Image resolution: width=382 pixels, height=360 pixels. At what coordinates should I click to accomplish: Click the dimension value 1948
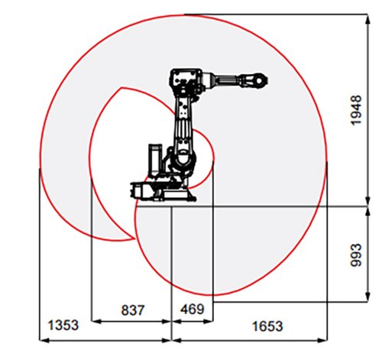pos(357,110)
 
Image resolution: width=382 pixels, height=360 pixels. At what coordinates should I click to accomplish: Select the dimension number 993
pos(357,255)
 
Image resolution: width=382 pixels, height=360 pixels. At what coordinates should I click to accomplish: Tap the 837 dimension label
pos(133,310)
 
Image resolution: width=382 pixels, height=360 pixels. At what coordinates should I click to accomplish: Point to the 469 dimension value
pos(193,310)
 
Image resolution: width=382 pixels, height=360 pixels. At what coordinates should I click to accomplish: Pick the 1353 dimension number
pos(63,326)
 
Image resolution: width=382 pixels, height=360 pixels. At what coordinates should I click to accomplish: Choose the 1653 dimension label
pos(267,326)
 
